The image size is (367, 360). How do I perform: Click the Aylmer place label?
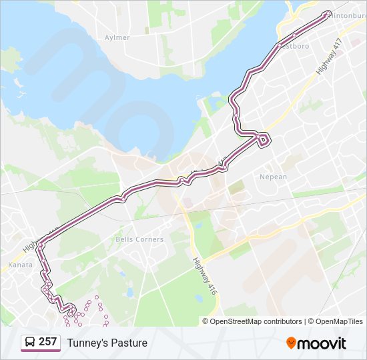(117, 37)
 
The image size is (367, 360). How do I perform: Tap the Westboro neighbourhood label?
(294, 47)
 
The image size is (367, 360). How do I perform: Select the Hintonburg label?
(349, 15)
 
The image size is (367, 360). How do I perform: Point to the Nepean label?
(273, 177)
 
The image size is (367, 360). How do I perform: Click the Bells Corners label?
(139, 239)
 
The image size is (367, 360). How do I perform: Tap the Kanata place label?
(19, 265)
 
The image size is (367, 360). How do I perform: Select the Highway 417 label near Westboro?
(329, 56)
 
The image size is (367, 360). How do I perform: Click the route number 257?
(47, 342)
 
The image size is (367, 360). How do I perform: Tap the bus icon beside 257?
(30, 343)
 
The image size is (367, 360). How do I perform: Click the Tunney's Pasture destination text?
(107, 343)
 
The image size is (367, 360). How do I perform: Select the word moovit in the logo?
(322, 343)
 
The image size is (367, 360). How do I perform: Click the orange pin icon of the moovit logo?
(291, 343)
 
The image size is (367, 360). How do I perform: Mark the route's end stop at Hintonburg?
(326, 13)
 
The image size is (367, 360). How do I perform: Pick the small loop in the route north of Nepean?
(264, 139)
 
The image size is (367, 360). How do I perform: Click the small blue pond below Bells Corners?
(122, 273)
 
